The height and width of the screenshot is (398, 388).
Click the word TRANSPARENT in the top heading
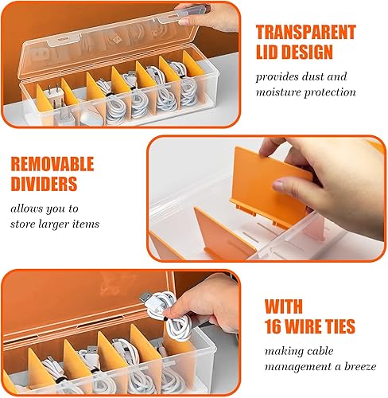pyautogui.click(x=305, y=32)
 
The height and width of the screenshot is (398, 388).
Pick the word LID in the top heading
pyautogui.click(x=273, y=54)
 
